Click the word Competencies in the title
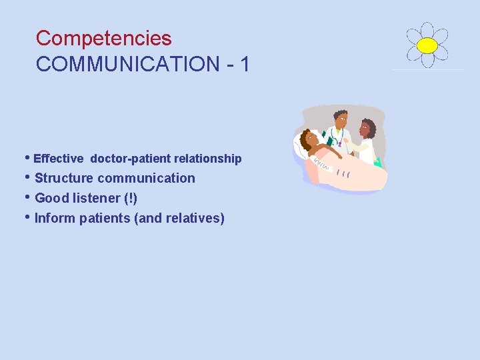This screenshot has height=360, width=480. pyautogui.click(x=103, y=38)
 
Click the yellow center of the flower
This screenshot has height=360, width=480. pyautogui.click(x=427, y=45)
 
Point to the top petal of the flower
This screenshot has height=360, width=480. pyautogui.click(x=427, y=30)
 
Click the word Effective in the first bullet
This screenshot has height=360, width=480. pyautogui.click(x=59, y=159)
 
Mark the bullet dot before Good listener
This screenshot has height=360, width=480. pyautogui.click(x=27, y=198)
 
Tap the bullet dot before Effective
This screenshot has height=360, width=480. pyautogui.click(x=27, y=159)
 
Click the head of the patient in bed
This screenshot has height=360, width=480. pyautogui.click(x=309, y=140)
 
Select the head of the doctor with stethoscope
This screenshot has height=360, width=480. pyautogui.click(x=340, y=120)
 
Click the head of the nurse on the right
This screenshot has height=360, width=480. pyautogui.click(x=367, y=127)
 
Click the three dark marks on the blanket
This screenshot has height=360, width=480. pyautogui.click(x=344, y=173)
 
